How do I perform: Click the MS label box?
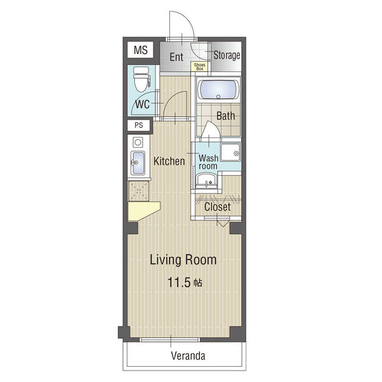(x=140, y=50)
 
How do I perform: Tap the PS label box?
(x=139, y=125)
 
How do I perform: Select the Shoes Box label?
(x=199, y=67)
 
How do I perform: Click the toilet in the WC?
(x=141, y=79)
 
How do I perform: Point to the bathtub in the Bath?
(x=218, y=89)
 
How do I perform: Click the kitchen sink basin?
(x=138, y=163)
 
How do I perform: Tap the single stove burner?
(x=138, y=142)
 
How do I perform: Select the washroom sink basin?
(x=206, y=180)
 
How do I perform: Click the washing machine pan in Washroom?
(x=230, y=152)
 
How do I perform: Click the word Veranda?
(x=188, y=356)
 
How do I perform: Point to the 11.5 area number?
(x=178, y=282)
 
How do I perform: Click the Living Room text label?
(x=183, y=260)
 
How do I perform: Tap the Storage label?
(x=227, y=55)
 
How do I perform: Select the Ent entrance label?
(x=176, y=57)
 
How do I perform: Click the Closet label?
(x=217, y=207)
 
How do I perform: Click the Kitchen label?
(x=169, y=161)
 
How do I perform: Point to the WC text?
(x=142, y=104)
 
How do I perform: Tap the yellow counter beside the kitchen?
(x=143, y=211)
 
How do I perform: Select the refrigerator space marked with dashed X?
(x=139, y=191)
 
